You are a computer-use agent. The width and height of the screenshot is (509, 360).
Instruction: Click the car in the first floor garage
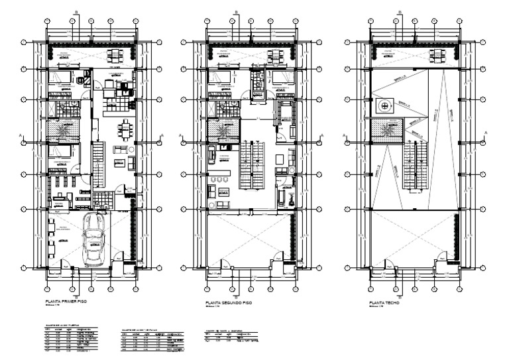(91, 241)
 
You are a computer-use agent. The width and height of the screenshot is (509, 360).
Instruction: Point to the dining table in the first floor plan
(125, 127)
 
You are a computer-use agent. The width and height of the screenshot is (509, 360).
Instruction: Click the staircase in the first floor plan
(98, 168)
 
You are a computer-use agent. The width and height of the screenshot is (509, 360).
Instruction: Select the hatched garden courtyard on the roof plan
(386, 131)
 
